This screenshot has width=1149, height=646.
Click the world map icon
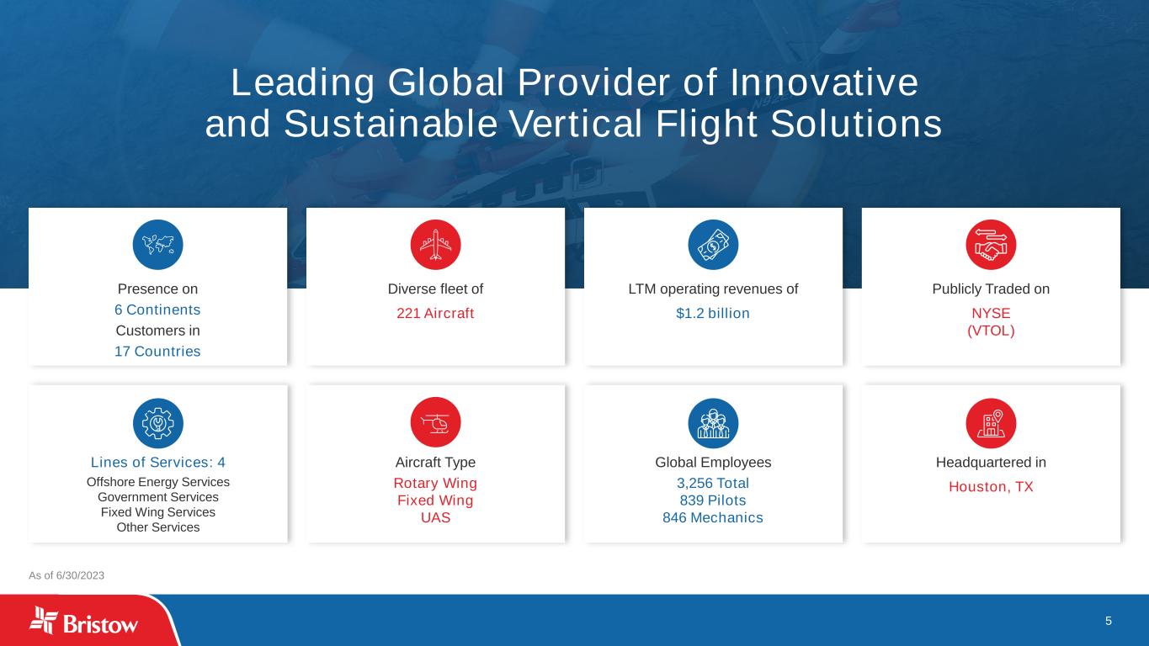pyautogui.click(x=158, y=245)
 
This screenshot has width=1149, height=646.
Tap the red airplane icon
pyautogui.click(x=435, y=245)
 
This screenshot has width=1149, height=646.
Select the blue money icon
pyautogui.click(x=713, y=245)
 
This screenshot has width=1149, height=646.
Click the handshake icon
pyautogui.click(x=991, y=245)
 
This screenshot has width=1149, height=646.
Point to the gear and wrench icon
pyautogui.click(x=158, y=423)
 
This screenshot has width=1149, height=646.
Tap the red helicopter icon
pyautogui.click(x=435, y=423)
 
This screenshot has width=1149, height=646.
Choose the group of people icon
pyautogui.click(x=713, y=423)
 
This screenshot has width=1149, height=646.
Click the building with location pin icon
pyautogui.click(x=991, y=423)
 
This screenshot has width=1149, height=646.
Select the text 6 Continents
pyautogui.click(x=157, y=310)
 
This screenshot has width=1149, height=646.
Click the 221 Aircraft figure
pyautogui.click(x=435, y=313)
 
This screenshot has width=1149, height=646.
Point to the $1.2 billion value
pyautogui.click(x=713, y=313)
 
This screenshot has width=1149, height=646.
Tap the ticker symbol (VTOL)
pyautogui.click(x=991, y=331)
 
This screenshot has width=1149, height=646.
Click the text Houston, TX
pyautogui.click(x=991, y=486)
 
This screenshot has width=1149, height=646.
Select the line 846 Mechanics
pyautogui.click(x=713, y=518)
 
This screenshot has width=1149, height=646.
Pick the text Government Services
pyautogui.click(x=158, y=497)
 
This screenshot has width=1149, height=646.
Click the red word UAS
pyautogui.click(x=435, y=518)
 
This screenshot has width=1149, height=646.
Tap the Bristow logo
pyautogui.click(x=83, y=621)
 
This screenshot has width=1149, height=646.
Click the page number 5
pyautogui.click(x=1109, y=622)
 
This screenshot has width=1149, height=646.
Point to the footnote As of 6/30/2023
pyautogui.click(x=66, y=575)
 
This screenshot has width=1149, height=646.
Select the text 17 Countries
pyautogui.click(x=157, y=352)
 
